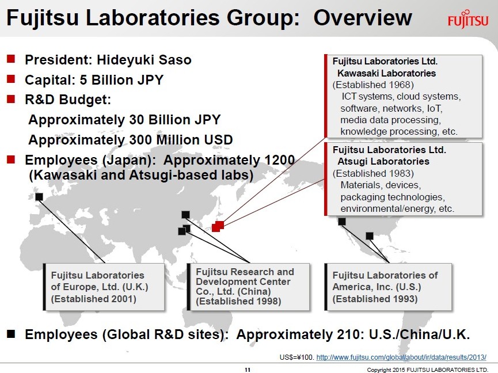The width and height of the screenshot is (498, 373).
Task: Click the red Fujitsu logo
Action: click(x=467, y=20)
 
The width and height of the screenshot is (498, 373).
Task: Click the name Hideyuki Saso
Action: click(x=144, y=60)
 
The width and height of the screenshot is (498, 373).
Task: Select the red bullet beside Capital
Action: click(x=11, y=79)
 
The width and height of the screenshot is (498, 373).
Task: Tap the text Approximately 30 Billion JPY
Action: click(x=124, y=120)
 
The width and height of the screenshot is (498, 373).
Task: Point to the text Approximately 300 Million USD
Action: click(x=131, y=140)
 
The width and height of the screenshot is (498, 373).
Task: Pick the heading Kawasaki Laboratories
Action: click(x=386, y=73)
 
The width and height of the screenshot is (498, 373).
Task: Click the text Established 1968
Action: click(x=373, y=85)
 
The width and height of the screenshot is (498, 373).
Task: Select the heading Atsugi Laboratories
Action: click(x=383, y=162)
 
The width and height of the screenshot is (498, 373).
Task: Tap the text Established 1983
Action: click(x=373, y=173)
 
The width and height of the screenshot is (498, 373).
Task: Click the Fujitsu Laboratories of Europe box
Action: click(x=104, y=287)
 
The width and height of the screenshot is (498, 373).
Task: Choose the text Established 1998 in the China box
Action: click(x=238, y=301)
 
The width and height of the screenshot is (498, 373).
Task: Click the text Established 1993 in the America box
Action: click(x=375, y=299)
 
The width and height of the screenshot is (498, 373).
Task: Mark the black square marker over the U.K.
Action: click(x=39, y=197)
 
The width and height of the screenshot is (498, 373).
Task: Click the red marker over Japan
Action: click(x=218, y=226)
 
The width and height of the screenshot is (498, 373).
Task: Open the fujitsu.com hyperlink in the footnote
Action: click(x=401, y=357)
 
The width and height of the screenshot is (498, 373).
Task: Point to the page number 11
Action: click(x=248, y=370)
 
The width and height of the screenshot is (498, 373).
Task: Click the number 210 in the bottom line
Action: click(x=347, y=334)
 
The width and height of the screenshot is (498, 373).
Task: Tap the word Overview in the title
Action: click(x=363, y=18)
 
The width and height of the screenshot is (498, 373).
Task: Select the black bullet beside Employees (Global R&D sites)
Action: click(x=11, y=334)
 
